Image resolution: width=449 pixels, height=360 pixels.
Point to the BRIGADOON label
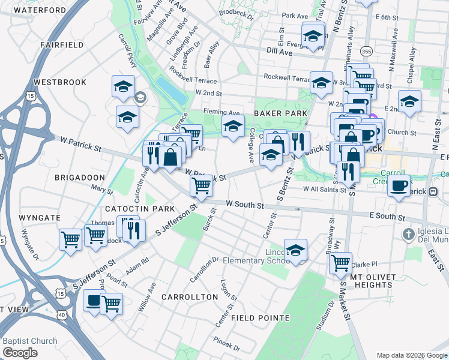click(x=80, y=178)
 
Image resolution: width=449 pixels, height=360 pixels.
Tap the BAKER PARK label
click(x=280, y=113)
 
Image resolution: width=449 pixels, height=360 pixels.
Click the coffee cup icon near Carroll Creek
click(x=399, y=185)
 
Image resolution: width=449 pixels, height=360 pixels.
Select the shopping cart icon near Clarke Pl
click(x=340, y=262)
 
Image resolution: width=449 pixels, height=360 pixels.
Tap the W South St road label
click(x=245, y=205)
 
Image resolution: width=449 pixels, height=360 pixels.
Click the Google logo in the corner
click(x=20, y=352)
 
